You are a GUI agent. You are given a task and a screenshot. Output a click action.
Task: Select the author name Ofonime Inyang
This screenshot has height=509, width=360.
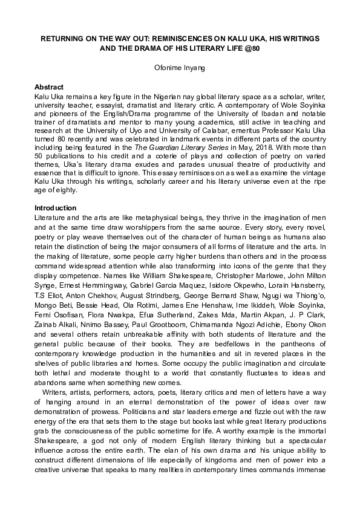coord(180,68)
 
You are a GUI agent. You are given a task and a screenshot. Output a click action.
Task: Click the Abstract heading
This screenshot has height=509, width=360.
coord(49,88)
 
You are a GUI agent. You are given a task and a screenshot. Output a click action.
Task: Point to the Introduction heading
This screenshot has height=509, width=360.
coord(54,208)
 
